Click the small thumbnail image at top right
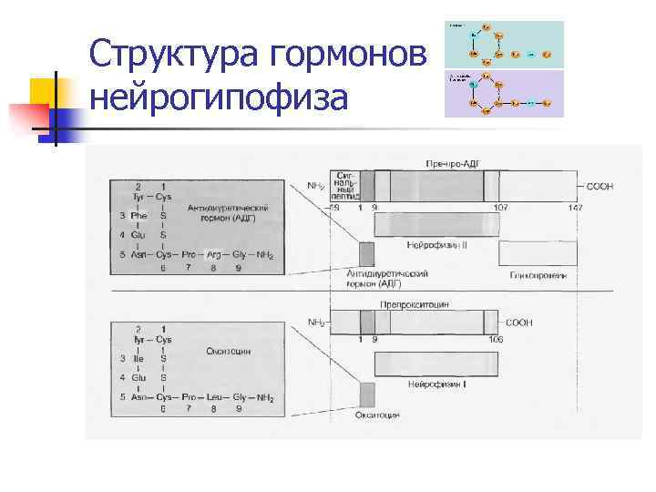[x=504, y=69]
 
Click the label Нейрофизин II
[x=436, y=246]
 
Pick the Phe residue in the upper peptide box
[x=138, y=216]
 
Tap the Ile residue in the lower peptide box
[x=139, y=358]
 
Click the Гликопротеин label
[x=538, y=275]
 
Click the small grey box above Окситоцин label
[x=366, y=395]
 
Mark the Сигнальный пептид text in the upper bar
[x=347, y=185]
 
